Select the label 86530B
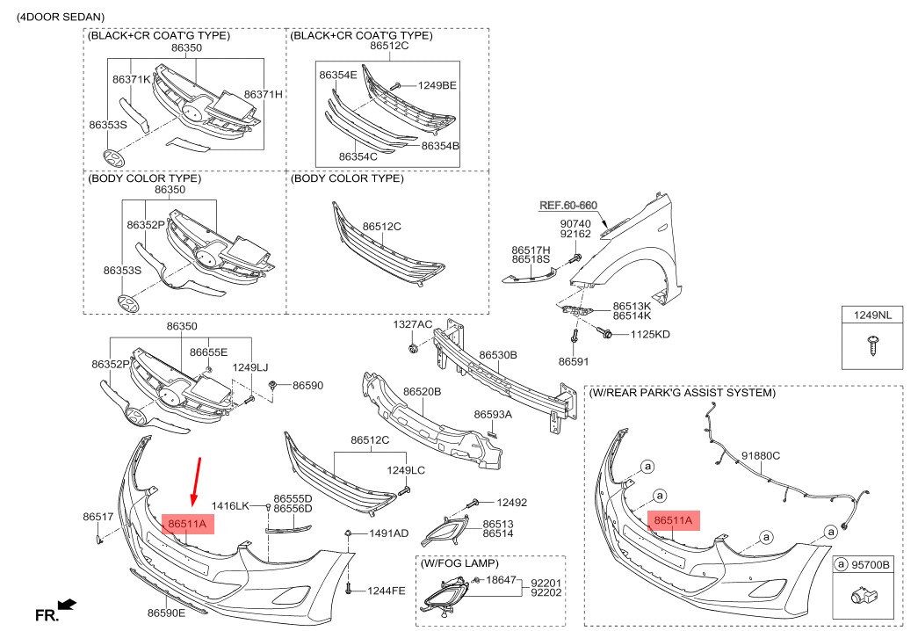click(498, 356)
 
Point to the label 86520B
click(422, 391)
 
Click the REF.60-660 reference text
click(567, 205)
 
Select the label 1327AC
click(412, 325)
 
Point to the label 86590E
click(166, 613)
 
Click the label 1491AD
click(388, 533)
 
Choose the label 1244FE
click(387, 591)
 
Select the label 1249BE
click(437, 85)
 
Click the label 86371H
click(263, 94)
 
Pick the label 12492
click(511, 503)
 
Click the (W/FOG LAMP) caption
click(459, 562)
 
